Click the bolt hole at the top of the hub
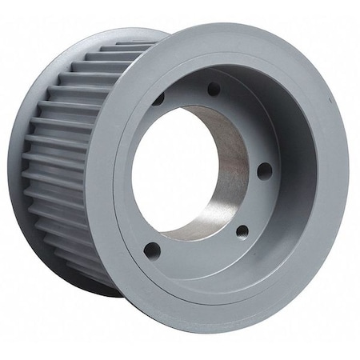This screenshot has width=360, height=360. tap(214, 90)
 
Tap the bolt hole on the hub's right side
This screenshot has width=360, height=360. tap(265, 170)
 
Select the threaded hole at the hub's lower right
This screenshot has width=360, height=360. tap(242, 231)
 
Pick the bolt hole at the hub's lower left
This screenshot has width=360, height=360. tap(152, 250)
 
